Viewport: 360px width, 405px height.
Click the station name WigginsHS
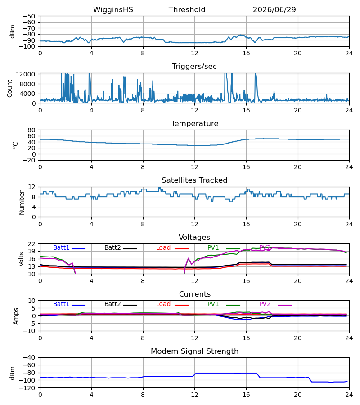click(113, 10)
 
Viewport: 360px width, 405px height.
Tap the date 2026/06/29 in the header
click(274, 10)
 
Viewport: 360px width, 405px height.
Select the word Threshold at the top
click(187, 10)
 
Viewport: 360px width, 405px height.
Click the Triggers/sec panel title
click(194, 67)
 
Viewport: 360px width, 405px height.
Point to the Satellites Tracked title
click(194, 180)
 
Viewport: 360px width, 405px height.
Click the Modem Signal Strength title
click(194, 351)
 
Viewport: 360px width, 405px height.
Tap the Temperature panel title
click(194, 123)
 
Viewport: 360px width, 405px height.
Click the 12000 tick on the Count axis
click(25, 74)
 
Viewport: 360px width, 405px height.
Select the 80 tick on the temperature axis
click(31, 130)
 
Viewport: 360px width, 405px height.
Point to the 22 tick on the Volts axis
click(31, 244)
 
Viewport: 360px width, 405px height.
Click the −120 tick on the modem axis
click(29, 388)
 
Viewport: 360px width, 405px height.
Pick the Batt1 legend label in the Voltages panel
click(61, 247)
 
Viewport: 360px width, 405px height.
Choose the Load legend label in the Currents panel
click(163, 304)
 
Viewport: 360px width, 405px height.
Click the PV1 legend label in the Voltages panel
click(213, 247)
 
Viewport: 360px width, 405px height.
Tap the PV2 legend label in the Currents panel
click(265, 304)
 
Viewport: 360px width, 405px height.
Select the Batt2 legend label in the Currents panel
click(112, 304)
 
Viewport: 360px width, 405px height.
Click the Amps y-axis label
click(16, 316)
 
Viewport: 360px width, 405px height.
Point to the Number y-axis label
click(22, 202)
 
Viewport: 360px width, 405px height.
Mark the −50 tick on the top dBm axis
click(29, 16)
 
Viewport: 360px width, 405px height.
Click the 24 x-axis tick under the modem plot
click(349, 395)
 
